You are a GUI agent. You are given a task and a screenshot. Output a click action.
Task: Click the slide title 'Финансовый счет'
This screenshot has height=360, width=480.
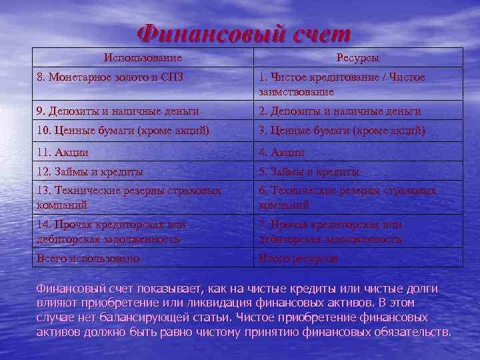point(243,31)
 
